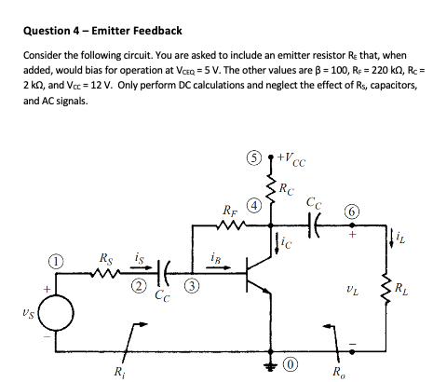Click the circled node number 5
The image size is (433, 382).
coord(249,156)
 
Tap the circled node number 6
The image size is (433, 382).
coord(349,213)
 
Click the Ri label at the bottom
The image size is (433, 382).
coord(119,372)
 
